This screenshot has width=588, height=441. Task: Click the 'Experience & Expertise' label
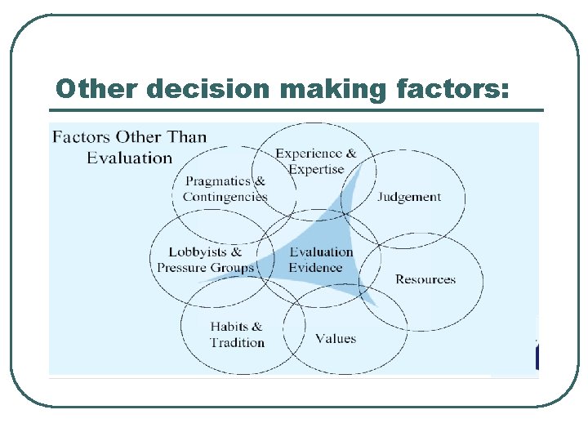coord(316,162)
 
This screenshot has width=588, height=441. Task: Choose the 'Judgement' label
coord(409,197)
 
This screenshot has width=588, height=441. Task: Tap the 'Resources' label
coord(425,279)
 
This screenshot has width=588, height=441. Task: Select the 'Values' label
coord(336,339)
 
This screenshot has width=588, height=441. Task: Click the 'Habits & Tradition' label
coord(237,335)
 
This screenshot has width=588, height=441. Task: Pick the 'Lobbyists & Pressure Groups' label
coord(206,260)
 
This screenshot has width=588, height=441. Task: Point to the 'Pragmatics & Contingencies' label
coord(225,189)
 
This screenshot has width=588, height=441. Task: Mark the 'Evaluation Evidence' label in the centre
coord(321,260)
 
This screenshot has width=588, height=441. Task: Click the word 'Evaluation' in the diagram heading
coord(130,158)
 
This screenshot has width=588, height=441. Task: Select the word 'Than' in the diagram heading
coord(187,136)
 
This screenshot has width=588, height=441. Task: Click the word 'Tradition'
coord(238,343)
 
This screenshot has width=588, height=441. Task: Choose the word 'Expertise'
coord(316,170)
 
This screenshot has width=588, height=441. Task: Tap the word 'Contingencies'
coord(225,197)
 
